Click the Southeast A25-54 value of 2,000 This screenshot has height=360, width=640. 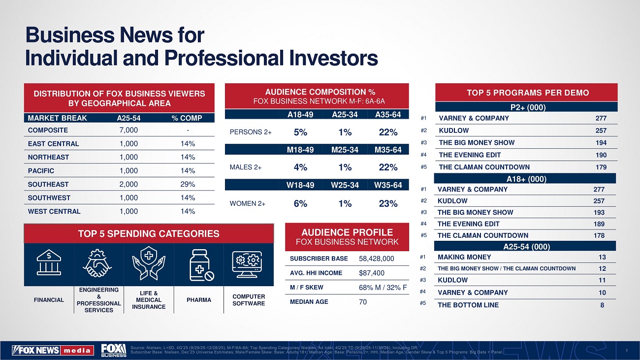[128, 184]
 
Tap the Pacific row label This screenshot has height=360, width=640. [41, 171]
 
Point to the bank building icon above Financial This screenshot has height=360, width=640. [49, 264]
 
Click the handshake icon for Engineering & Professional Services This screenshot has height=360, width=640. [98, 264]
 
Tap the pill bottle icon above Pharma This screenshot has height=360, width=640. [199, 265]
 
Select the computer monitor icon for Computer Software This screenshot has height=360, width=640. [249, 264]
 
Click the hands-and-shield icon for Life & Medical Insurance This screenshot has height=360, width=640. [148, 264]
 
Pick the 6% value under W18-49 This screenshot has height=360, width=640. [300, 203]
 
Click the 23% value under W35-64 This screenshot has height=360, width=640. [388, 203]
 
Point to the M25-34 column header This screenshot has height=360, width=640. [345, 150]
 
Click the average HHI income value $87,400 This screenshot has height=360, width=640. [372, 273]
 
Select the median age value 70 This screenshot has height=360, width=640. [363, 302]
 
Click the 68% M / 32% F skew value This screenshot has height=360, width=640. [383, 288]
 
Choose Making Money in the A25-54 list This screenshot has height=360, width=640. [464, 257]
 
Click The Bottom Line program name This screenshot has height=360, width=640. [468, 305]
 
